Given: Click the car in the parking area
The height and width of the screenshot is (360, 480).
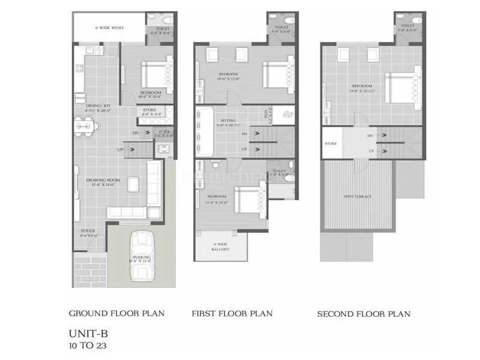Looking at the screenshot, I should coord(142,255).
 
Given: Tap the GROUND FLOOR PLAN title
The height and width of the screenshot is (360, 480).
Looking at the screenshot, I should coord(116,313).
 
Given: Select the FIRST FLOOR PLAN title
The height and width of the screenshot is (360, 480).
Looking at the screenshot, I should coord(232,313).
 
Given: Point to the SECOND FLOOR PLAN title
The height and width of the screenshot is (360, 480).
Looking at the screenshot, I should coord(364,314).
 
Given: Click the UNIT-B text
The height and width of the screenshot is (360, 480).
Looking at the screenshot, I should coord(89,332).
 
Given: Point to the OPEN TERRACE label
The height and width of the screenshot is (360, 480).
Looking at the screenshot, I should coord(357,196).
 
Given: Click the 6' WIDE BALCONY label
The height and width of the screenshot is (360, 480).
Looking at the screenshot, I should coord(221,248).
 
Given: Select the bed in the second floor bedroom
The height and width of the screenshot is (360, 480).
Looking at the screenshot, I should coord(401,88).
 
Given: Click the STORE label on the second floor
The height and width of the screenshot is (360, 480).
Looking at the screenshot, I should coord(331,144).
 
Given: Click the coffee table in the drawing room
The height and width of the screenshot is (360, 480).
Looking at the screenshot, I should coord(133,184).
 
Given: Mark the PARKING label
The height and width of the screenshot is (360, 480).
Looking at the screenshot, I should coord(142,259).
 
